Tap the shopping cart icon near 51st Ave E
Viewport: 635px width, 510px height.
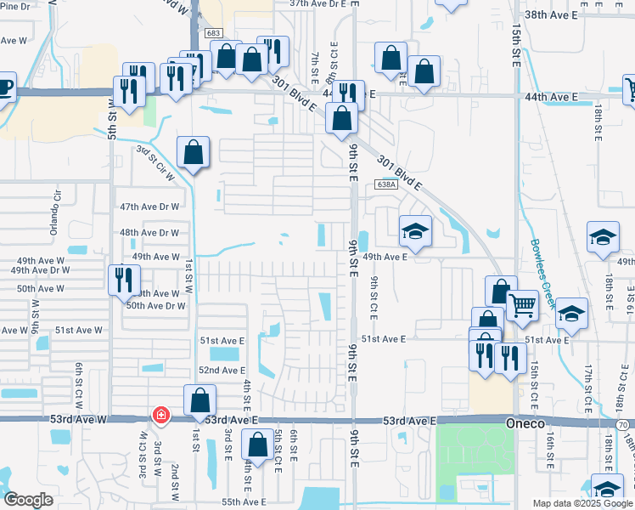(x=522, y=304)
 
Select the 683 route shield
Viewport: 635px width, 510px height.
(x=214, y=33)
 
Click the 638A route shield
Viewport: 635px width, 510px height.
(x=385, y=184)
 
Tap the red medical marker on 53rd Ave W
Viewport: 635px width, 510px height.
(x=160, y=416)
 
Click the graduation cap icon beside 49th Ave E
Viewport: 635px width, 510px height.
(x=416, y=229)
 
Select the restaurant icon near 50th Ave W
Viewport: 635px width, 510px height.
(x=124, y=279)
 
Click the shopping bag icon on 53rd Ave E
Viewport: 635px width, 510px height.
(x=199, y=399)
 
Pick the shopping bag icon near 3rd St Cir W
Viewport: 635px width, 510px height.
(x=194, y=152)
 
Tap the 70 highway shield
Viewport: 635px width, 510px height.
(x=624, y=422)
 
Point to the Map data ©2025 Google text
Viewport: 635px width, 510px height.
(x=582, y=503)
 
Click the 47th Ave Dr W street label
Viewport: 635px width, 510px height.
(x=149, y=207)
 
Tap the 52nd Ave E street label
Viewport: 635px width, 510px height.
(x=222, y=371)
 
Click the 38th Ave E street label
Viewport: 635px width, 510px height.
(x=574, y=15)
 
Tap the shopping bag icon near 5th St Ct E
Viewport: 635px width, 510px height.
(x=257, y=444)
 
